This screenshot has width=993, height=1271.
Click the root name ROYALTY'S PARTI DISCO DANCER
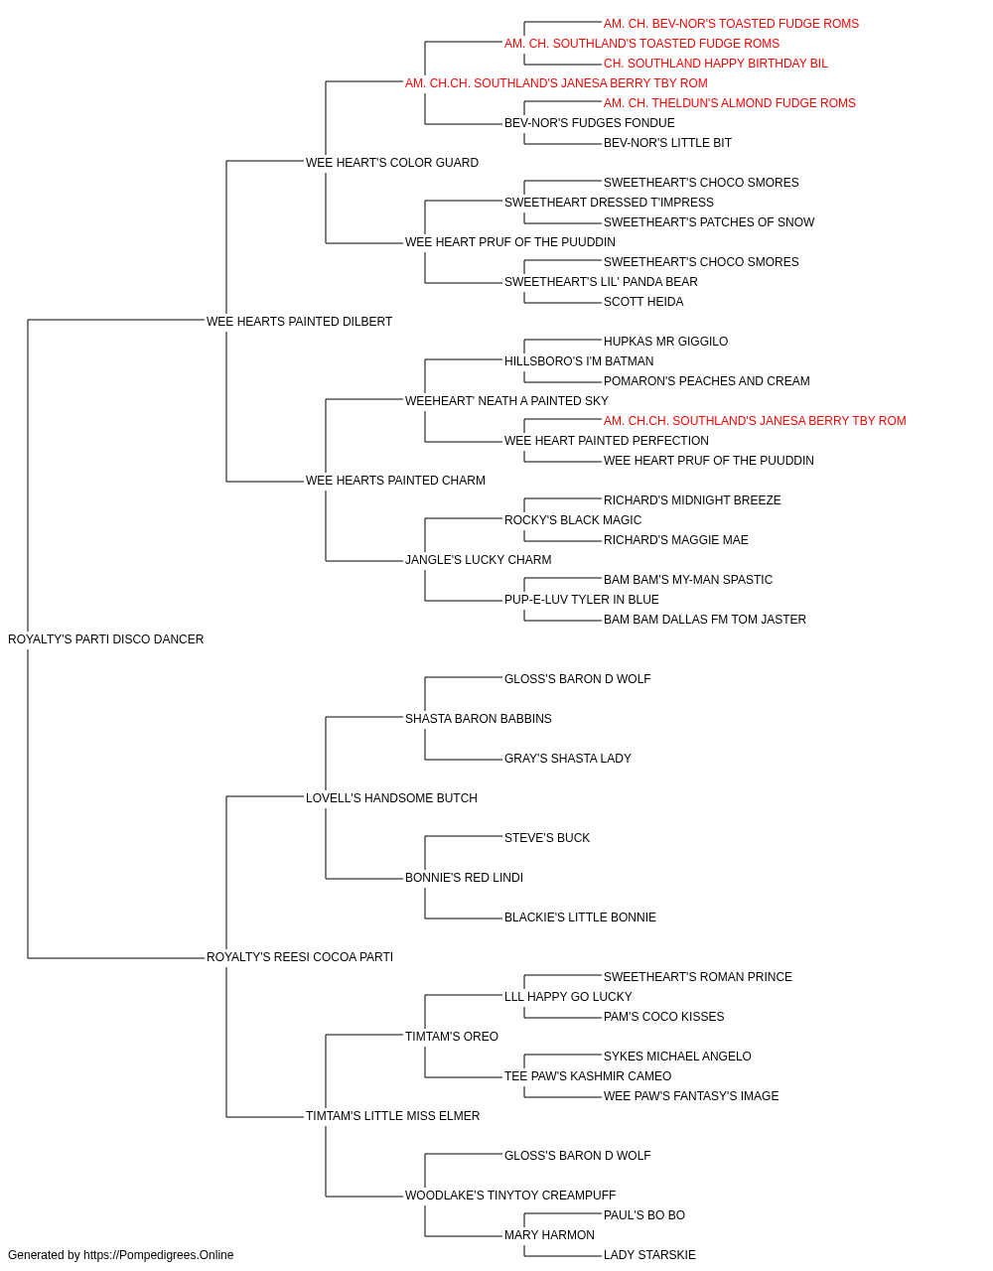106,639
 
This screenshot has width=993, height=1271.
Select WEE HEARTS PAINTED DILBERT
300,322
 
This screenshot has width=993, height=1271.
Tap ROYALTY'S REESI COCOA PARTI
300,957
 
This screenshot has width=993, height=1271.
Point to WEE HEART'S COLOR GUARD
392,163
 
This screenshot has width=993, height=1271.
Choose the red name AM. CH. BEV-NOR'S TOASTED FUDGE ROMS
731,24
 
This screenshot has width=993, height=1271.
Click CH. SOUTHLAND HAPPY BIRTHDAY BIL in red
716,64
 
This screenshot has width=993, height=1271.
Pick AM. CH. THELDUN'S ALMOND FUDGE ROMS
729,103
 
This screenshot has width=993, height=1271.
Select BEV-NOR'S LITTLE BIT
667,143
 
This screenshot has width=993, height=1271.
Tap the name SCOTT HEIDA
643,302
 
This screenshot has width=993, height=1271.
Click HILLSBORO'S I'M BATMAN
579,361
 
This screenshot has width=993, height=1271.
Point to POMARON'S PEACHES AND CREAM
706,381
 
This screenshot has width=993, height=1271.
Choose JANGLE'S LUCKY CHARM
479,560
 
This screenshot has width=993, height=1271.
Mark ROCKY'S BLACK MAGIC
573,520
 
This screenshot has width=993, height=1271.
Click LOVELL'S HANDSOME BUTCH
391,798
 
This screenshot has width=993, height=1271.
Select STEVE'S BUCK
547,838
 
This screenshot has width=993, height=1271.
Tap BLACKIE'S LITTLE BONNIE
580,918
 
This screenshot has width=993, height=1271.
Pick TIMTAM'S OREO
452,1037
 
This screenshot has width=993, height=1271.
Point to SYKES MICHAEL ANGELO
677,1057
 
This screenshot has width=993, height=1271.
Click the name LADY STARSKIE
649,1255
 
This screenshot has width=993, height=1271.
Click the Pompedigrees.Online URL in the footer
159,1255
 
